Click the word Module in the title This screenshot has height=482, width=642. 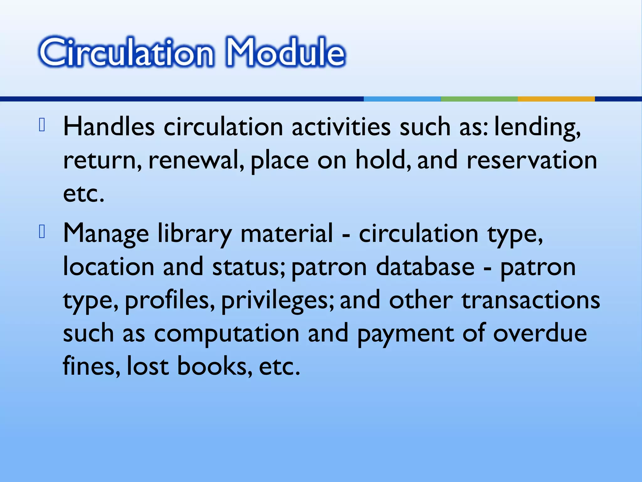[x=285, y=52]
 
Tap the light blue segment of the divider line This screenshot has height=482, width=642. [x=402, y=99]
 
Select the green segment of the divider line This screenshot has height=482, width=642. [x=479, y=99]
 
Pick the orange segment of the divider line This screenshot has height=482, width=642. [x=556, y=99]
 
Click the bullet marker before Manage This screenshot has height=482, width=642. [x=42, y=232]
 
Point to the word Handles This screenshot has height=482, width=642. [x=109, y=127]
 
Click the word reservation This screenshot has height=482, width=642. [x=532, y=160]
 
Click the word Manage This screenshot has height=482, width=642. [x=106, y=234]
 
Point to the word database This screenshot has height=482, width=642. [x=425, y=267]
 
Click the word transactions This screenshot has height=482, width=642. [x=530, y=300]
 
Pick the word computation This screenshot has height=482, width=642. [x=226, y=334]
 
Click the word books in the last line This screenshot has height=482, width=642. [x=212, y=366]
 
